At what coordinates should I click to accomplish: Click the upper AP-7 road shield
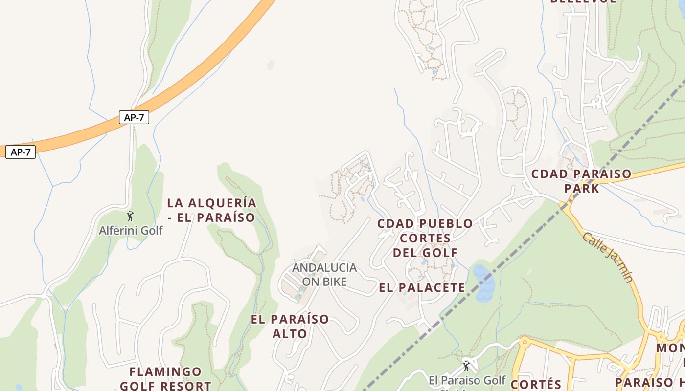pos(134,117)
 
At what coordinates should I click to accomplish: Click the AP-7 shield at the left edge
pos(21,152)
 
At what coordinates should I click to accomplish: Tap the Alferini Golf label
pos(131,230)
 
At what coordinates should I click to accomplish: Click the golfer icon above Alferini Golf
pos(130,216)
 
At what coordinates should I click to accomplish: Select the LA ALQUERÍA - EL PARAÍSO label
pos(211,210)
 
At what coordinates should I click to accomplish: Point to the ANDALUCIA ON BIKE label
pos(324,274)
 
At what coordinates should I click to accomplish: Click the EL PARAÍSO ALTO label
pos(290,326)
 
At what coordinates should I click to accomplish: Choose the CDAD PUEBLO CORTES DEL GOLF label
pos(425,238)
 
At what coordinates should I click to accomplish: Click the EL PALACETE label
pos(422,287)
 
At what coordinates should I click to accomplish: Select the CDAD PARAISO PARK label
pos(581,181)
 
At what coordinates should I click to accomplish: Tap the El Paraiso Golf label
pos(467,380)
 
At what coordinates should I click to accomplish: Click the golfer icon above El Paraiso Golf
pos(466,366)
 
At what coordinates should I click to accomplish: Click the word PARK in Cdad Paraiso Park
pos(581,188)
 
